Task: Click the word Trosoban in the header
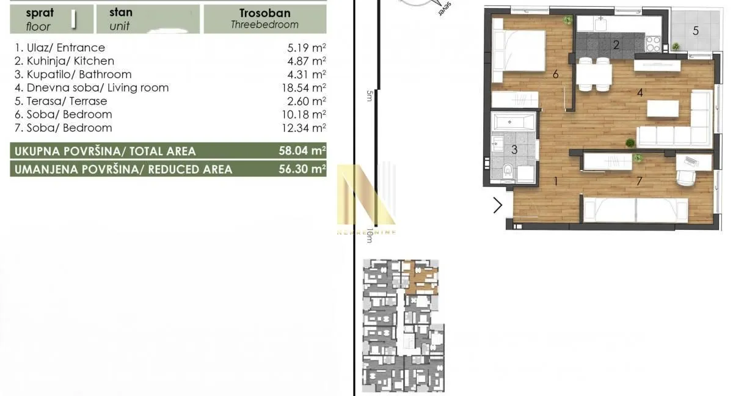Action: pos(265,13)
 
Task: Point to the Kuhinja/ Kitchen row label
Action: pos(64,61)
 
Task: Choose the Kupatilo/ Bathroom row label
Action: pos(72,75)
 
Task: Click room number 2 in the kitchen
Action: pos(616,44)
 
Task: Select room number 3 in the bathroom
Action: pos(514,150)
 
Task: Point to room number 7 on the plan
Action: pos(639,181)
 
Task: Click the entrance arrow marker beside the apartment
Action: pos(498,205)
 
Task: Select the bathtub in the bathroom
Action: pos(514,122)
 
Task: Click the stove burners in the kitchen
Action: pos(653,43)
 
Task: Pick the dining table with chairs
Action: pos(594,75)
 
